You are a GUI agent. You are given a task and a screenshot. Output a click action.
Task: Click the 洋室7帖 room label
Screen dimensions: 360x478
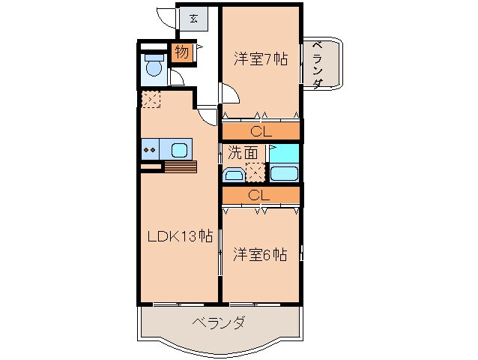(x=260, y=58)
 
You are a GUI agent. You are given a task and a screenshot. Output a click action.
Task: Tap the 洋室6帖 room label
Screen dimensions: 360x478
(x=259, y=254)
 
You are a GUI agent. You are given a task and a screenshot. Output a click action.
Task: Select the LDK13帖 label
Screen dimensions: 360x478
(x=179, y=237)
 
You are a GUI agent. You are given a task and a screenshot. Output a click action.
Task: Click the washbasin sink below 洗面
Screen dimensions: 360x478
(x=234, y=176)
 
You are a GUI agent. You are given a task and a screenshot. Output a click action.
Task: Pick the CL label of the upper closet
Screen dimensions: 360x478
(x=260, y=131)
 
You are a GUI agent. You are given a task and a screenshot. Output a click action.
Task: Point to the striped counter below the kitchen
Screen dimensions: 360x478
(x=180, y=166)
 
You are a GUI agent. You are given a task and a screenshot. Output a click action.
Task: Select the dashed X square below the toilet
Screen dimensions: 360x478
(x=150, y=99)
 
